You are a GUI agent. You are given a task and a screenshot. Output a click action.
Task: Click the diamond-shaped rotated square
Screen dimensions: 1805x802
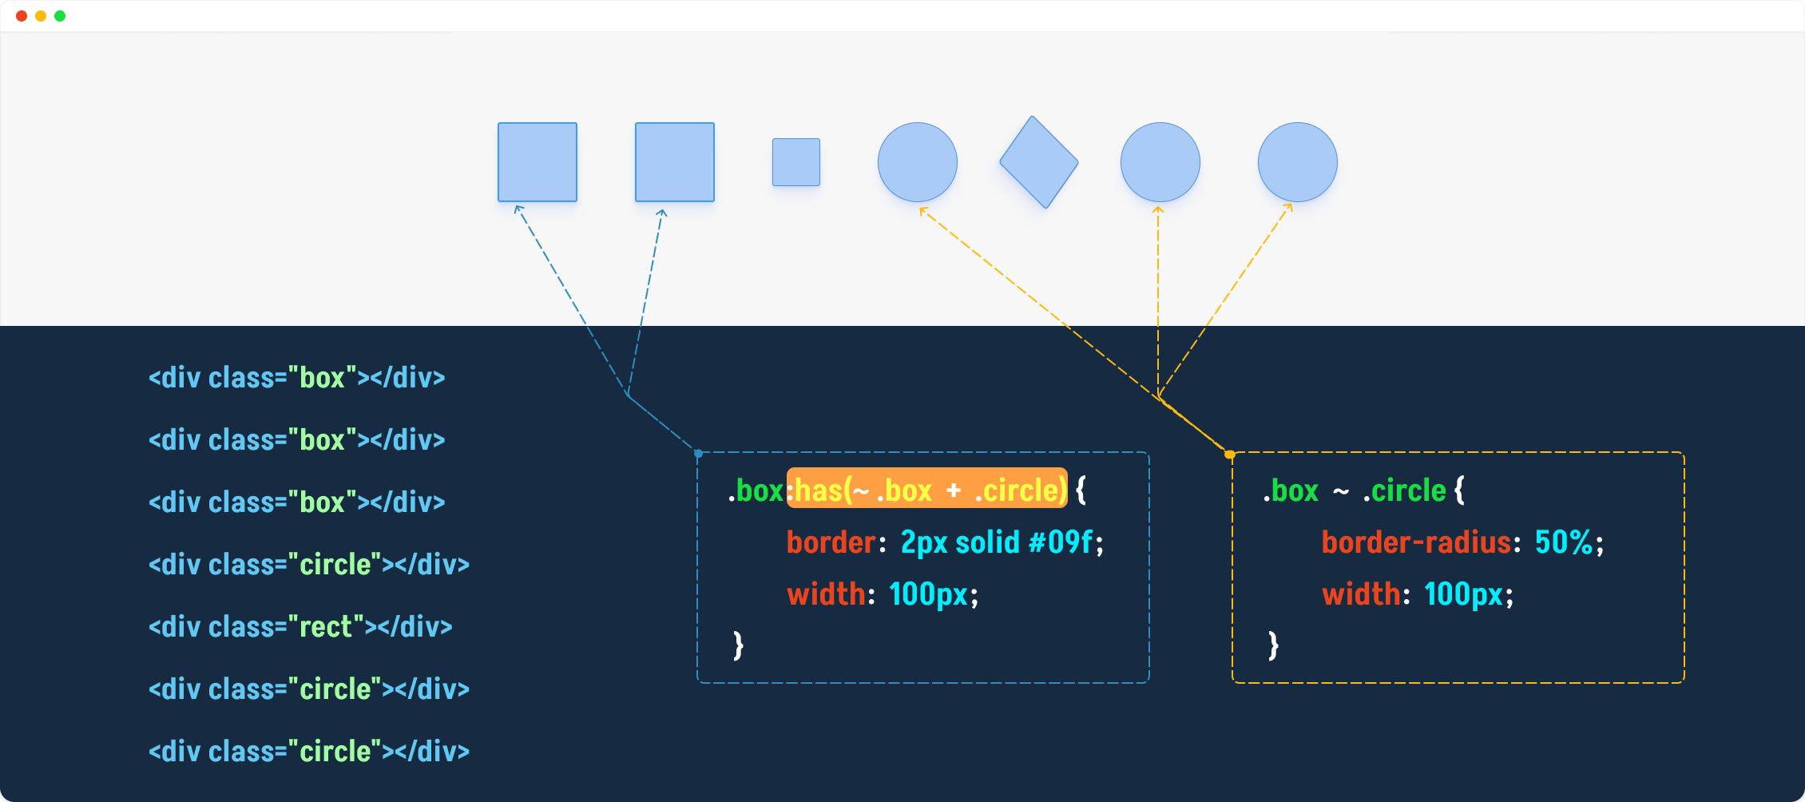click(x=1039, y=162)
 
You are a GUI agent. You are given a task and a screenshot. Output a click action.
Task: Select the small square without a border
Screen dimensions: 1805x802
click(x=796, y=162)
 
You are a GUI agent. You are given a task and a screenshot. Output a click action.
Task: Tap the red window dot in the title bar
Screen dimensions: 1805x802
click(x=22, y=16)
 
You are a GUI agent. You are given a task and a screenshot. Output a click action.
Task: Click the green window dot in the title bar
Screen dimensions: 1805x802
click(x=60, y=16)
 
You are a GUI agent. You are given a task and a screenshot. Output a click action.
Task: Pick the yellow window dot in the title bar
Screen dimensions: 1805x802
click(x=41, y=16)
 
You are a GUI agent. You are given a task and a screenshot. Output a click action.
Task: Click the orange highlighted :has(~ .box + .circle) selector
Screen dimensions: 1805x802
click(x=927, y=489)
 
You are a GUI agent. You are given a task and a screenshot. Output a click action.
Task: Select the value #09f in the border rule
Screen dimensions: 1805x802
click(x=1060, y=542)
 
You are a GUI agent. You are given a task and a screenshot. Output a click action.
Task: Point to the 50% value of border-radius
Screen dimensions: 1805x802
click(x=1565, y=542)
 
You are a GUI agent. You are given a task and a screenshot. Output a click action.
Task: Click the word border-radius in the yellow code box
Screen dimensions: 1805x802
click(x=1416, y=542)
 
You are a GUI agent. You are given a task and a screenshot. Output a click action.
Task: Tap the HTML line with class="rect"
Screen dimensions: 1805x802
click(x=300, y=627)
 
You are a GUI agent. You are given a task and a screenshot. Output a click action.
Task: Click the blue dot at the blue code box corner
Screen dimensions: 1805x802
click(x=699, y=454)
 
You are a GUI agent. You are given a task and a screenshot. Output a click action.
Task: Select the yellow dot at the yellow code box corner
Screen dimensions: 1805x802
click(x=1230, y=455)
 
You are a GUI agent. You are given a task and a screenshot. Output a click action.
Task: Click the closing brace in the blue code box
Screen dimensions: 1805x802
click(x=739, y=645)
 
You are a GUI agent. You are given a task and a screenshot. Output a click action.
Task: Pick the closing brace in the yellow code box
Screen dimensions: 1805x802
click(x=1274, y=645)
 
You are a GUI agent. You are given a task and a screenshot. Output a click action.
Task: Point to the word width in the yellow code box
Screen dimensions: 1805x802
click(x=1361, y=594)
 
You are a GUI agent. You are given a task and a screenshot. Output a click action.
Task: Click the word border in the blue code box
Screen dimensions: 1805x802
click(x=831, y=542)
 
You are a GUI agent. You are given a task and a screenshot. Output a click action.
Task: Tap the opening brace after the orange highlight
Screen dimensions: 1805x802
click(x=1081, y=490)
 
